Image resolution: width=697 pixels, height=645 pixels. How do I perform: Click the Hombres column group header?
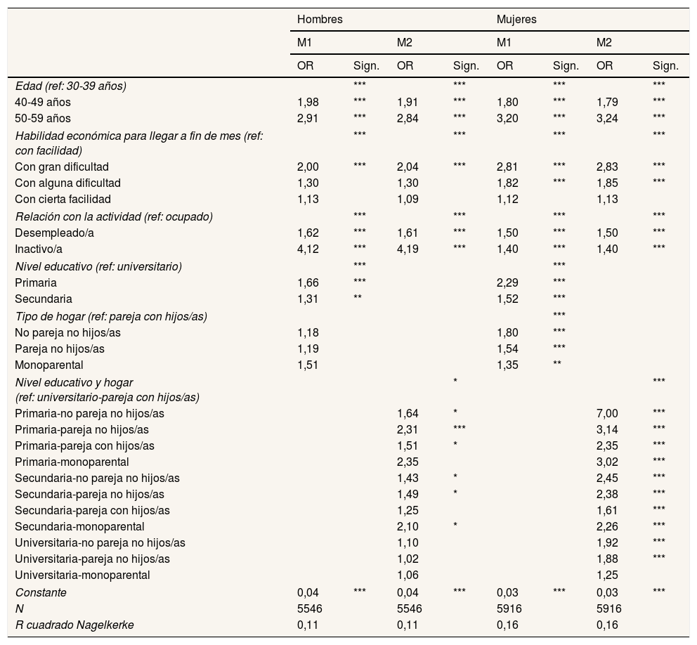tap(320, 20)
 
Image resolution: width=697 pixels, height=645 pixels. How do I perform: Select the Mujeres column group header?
tap(516, 20)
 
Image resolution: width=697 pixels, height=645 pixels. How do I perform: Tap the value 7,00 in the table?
tap(606, 413)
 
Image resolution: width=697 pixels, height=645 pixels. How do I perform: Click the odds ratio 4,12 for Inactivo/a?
tap(308, 249)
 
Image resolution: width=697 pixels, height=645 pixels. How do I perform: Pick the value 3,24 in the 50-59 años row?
tap(606, 118)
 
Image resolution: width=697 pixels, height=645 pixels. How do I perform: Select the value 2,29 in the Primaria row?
tap(507, 282)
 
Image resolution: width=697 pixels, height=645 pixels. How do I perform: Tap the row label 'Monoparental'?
tap(49, 365)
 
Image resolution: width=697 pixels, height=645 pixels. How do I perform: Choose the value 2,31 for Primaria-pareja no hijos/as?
tap(408, 429)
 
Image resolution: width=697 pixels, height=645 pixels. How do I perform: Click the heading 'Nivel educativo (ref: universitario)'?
tap(98, 266)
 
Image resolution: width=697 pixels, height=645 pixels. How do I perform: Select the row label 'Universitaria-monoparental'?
tap(82, 575)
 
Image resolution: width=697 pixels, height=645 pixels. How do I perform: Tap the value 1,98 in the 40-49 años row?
tap(308, 102)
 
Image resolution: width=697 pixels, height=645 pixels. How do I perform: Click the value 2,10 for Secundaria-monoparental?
tap(408, 526)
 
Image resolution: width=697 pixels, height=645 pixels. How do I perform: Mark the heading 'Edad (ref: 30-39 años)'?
tap(70, 86)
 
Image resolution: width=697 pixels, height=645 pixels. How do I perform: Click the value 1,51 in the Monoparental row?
tap(308, 365)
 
